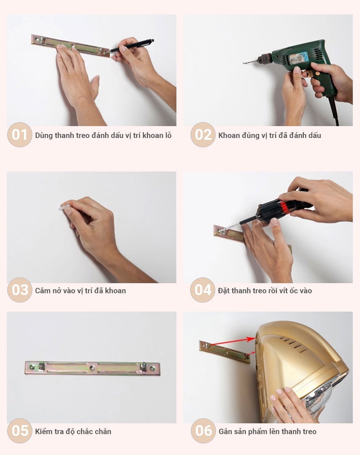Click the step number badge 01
click(19, 135)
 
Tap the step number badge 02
click(203, 135)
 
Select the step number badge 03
click(19, 290)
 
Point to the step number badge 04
click(203, 290)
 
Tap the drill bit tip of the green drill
click(244, 63)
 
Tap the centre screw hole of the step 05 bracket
click(92, 368)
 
